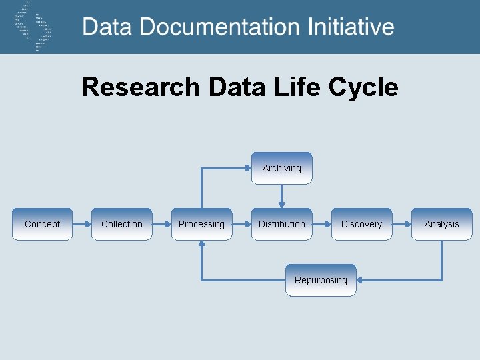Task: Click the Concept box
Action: point(42,224)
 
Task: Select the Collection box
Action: point(121,224)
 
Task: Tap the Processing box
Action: point(201,224)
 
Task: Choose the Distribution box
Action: point(281,224)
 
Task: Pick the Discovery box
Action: point(361,224)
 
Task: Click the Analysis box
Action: point(441,224)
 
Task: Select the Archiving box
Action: point(281,168)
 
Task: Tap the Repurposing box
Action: point(321,280)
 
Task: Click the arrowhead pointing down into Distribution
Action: point(281,203)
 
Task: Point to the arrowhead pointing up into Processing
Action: point(201,245)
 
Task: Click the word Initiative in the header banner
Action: point(351,27)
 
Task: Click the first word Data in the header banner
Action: point(107,27)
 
